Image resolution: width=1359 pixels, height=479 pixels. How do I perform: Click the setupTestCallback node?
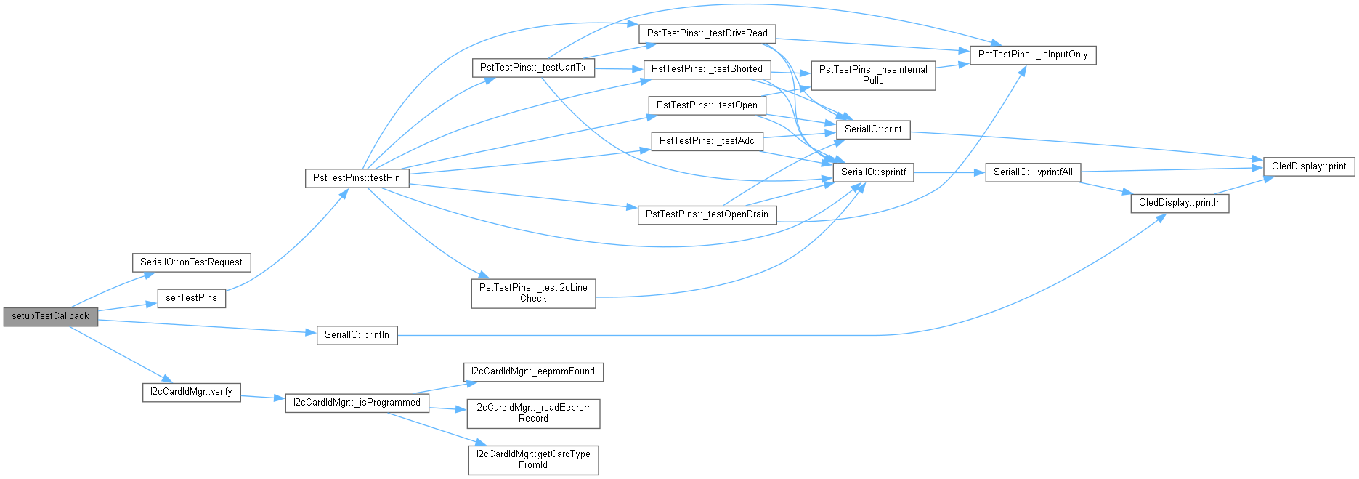point(50,316)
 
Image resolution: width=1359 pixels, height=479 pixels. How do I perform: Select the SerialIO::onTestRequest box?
point(191,262)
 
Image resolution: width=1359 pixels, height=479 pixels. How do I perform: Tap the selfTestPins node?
point(191,298)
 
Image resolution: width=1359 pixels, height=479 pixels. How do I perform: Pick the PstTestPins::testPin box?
point(356,178)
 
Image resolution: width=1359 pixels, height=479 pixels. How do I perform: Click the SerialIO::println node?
point(357,335)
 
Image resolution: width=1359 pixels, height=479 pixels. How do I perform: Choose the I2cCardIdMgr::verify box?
point(191,392)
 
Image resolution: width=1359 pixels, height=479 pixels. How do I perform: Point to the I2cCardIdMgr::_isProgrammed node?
point(357,403)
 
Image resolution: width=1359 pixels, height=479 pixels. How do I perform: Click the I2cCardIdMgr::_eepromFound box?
point(533,371)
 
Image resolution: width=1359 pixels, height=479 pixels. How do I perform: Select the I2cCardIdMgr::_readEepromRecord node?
point(533,413)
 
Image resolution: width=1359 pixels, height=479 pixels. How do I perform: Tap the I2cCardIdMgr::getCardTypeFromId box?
point(533,459)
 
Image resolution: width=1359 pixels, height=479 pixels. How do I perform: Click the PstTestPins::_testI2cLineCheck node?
point(533,293)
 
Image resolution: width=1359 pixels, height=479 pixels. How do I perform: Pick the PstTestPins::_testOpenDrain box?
point(707,214)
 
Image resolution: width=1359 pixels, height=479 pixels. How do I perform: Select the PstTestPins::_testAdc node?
point(707,141)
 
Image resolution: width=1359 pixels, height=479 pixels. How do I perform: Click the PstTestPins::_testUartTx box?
point(533,68)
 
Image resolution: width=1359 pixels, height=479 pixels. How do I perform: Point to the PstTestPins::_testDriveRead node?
point(707,33)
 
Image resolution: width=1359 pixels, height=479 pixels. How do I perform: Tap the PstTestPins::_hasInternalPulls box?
point(873,75)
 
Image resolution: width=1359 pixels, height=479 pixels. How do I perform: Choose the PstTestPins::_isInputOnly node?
point(1033,55)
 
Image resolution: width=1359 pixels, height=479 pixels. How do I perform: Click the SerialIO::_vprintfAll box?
point(1033,172)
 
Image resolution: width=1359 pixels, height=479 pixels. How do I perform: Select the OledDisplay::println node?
point(1180,203)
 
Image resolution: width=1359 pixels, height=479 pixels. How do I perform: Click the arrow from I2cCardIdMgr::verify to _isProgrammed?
point(262,398)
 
